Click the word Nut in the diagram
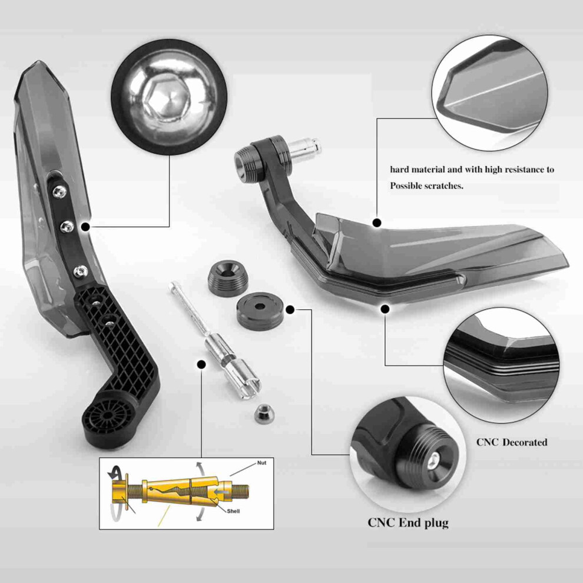click(x=261, y=463)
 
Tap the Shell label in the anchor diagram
click(x=234, y=511)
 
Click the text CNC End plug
click(x=408, y=523)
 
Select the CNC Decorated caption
click(x=512, y=442)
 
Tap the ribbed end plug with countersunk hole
click(x=227, y=278)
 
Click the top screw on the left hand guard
click(x=59, y=191)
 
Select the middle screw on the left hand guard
click(x=67, y=227)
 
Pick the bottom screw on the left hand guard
click(x=80, y=272)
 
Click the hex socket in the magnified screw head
click(x=166, y=98)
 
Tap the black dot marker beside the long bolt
click(x=201, y=365)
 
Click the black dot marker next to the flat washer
click(x=290, y=309)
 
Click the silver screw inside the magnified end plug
click(x=433, y=462)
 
